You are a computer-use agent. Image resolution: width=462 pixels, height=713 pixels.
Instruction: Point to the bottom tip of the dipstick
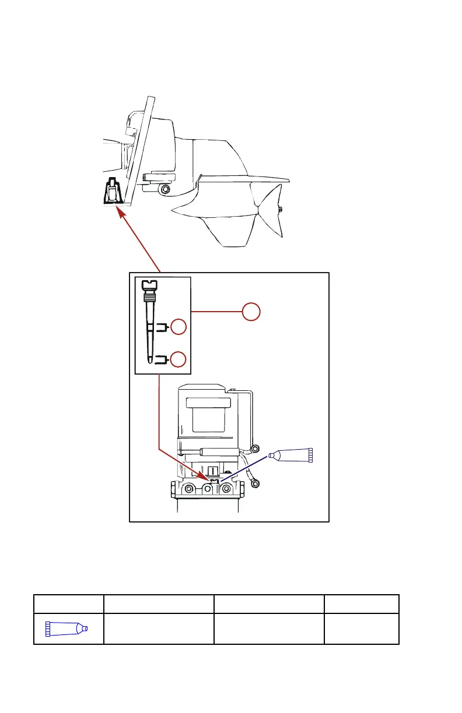(x=151, y=360)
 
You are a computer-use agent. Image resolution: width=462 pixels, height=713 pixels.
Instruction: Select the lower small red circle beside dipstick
(x=178, y=359)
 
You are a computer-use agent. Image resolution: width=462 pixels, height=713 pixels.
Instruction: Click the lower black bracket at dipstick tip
(x=159, y=360)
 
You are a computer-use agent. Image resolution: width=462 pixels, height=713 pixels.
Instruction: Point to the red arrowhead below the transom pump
(x=121, y=214)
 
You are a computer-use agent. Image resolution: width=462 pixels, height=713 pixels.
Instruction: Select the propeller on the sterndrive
(x=269, y=210)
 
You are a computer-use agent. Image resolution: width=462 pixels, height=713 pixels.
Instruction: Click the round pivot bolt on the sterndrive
(x=166, y=190)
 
